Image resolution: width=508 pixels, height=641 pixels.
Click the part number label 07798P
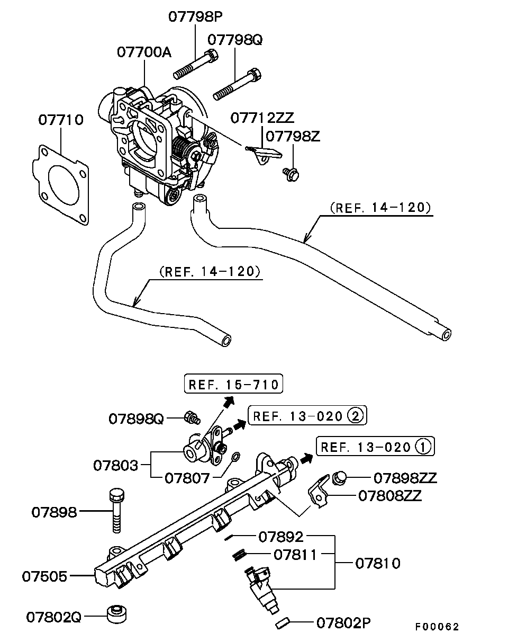point(195,16)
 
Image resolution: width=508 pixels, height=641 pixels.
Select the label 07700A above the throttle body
point(144,52)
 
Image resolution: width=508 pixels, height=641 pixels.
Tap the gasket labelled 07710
point(60,184)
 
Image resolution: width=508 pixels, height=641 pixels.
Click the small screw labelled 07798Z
point(291,174)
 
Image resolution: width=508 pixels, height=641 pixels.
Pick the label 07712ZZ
point(262,118)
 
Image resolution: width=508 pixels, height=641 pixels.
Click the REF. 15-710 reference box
point(233,384)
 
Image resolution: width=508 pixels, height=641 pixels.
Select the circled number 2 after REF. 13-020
point(355,415)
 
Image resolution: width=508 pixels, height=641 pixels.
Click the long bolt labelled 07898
point(116,511)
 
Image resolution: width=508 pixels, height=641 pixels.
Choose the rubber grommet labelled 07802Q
point(116,614)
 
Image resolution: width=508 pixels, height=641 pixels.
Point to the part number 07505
point(44,576)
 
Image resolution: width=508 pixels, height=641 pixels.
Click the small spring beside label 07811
point(240,555)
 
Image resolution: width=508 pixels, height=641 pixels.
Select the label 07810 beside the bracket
point(378,563)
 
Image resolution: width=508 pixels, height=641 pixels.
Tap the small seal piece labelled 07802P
point(283,624)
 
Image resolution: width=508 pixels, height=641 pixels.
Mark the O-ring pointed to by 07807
point(235,457)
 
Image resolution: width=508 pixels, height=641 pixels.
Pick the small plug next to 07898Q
point(192,417)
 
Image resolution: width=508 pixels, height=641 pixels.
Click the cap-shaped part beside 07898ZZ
point(339,477)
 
